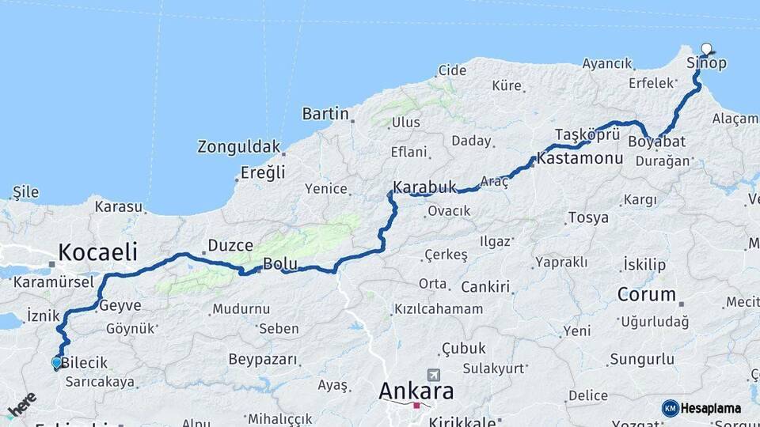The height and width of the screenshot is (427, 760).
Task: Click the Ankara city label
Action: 416,391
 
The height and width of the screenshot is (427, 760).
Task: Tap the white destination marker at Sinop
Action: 706,49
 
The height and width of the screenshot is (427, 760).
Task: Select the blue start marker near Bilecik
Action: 56,363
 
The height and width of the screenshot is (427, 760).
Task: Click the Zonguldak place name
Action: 239,146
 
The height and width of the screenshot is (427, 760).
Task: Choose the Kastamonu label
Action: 580,158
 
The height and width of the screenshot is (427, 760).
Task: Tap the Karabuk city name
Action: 425,187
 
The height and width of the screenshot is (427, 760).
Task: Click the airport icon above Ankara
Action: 432,374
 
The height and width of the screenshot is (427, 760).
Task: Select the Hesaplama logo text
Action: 711,409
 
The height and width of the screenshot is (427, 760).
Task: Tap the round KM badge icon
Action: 671,408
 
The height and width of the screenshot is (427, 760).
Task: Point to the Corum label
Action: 647,295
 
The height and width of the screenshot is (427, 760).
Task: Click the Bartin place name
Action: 325,114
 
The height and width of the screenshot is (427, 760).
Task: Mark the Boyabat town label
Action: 656,142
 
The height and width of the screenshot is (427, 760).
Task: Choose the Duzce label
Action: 230,245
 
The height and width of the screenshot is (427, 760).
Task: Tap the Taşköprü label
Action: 587,133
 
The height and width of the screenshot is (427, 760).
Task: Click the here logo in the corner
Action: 21,404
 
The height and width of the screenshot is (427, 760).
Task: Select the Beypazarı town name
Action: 263,360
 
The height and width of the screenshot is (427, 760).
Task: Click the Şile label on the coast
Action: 25,192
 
